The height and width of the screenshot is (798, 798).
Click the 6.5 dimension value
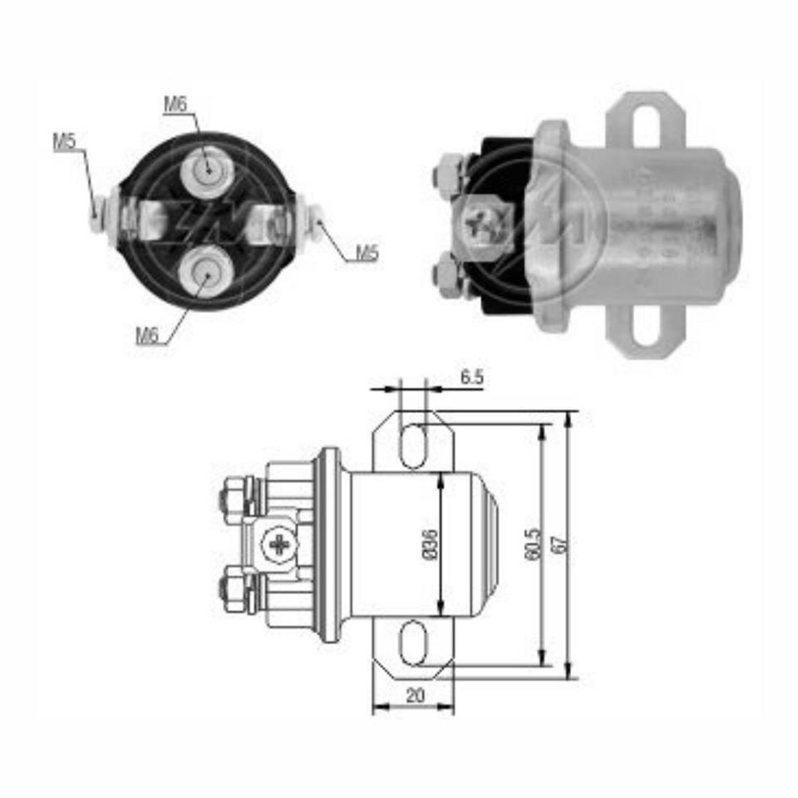[x=471, y=377]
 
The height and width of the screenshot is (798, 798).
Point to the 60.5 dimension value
[x=531, y=544]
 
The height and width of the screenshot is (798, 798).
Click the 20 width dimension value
[x=415, y=696]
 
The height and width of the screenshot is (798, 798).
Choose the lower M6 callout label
[x=147, y=336]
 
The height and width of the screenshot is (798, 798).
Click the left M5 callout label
[x=64, y=141]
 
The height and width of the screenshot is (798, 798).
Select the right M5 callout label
[x=367, y=254]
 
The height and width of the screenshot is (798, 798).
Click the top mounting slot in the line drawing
[x=413, y=446]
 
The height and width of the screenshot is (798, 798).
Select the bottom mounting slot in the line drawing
[x=413, y=645]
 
